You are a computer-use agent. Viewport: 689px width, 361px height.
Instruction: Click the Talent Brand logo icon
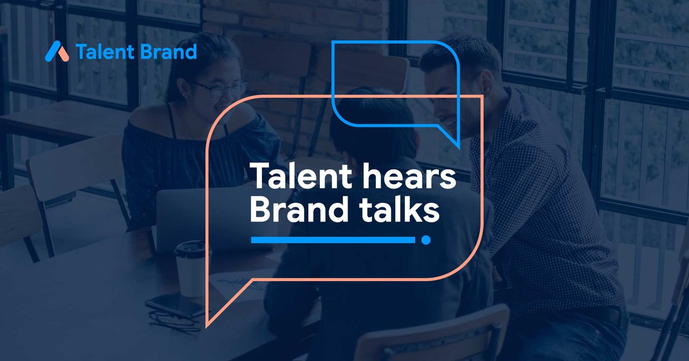pyautogui.click(x=57, y=51)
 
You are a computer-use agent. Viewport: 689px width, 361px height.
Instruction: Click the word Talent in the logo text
pyautogui.click(x=105, y=52)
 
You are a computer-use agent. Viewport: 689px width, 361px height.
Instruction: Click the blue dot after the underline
pyautogui.click(x=426, y=240)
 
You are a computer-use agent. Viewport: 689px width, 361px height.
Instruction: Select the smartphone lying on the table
pyautogui.click(x=175, y=305)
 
